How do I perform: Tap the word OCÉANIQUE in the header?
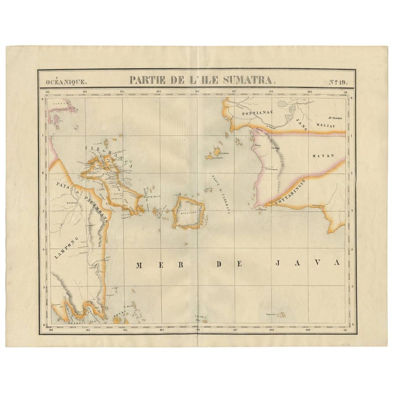[x=66, y=81]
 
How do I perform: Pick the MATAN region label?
[x=323, y=155]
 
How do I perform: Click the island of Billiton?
[x=188, y=212]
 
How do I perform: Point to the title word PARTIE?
[x=145, y=80]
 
